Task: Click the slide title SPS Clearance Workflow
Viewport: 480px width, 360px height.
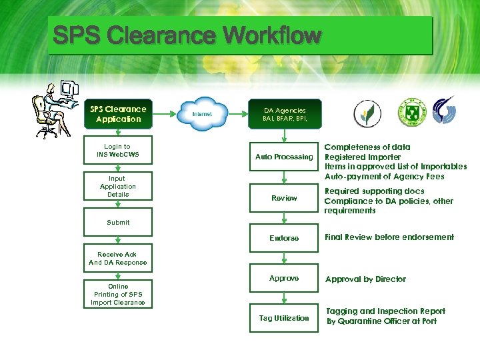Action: point(187,35)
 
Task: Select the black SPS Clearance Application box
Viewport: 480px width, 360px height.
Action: point(118,114)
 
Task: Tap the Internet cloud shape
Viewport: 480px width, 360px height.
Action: point(201,114)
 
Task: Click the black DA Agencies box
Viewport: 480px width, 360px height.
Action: point(284,114)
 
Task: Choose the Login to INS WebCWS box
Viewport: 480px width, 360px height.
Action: point(117,151)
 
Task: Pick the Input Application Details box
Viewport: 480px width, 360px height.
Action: point(117,187)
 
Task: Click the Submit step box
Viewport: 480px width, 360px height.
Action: point(117,223)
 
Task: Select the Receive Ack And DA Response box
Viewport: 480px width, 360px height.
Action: point(117,259)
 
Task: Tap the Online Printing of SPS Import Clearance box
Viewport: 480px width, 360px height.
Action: point(117,295)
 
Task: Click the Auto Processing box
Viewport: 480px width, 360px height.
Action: point(284,157)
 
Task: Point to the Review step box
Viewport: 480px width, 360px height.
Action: point(284,198)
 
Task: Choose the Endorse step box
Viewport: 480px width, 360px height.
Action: point(284,238)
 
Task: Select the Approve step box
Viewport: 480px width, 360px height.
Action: point(284,279)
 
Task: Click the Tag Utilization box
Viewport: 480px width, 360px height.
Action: point(284,318)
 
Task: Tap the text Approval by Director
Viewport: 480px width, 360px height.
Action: point(365,279)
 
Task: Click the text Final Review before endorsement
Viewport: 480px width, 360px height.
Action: point(389,237)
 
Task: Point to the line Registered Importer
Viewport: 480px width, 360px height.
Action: point(363,157)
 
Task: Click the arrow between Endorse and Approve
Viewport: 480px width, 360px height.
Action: point(284,258)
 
